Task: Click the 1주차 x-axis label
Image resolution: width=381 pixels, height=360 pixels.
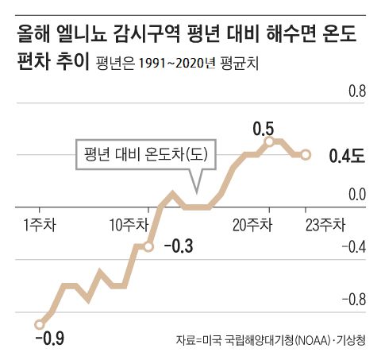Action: [37, 224]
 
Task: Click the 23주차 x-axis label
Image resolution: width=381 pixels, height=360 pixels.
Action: [325, 224]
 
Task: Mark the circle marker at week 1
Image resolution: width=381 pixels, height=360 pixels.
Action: [39, 323]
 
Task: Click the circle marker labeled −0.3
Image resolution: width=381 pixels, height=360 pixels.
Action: [148, 246]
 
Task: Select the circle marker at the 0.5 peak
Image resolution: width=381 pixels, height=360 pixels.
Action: [270, 141]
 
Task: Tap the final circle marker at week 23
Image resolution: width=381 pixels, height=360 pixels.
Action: [307, 154]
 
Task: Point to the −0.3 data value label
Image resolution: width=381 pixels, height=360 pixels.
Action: [179, 246]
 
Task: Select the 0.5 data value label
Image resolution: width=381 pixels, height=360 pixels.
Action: [264, 127]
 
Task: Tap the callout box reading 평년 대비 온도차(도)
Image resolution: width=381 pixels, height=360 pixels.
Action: [140, 154]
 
